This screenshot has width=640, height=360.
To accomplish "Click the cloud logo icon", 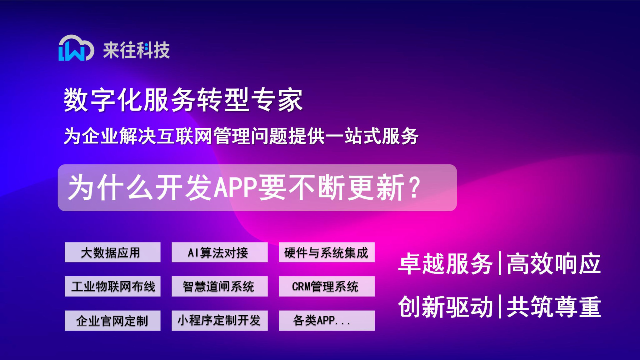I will coord(76,48).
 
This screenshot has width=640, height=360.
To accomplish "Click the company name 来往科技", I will coord(136,50).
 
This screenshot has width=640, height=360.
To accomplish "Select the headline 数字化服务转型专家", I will coord(183,100).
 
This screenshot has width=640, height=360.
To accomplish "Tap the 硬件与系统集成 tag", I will coord(327,252).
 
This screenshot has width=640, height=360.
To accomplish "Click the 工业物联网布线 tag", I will coord(112,286).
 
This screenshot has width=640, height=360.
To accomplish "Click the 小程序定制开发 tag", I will coord(219,320).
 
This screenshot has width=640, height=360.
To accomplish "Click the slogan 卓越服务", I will coord(445,264).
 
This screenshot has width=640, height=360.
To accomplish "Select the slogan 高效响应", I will coord(553,264).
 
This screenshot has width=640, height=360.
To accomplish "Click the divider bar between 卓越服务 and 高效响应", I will coord(500,263).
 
